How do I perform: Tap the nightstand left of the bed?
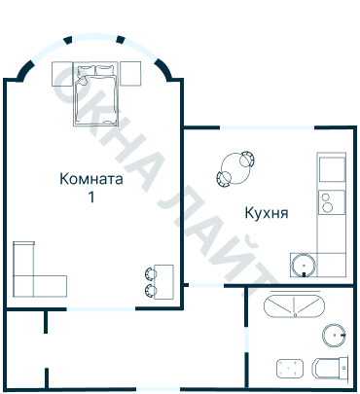click(62, 73)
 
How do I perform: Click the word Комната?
click(90, 179)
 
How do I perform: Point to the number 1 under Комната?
click(91, 197)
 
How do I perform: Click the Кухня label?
click(266, 211)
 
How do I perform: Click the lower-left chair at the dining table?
click(223, 178)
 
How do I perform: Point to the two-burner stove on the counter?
click(330, 203)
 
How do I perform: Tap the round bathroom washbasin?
click(335, 337)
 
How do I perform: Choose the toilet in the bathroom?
click(332, 370)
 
